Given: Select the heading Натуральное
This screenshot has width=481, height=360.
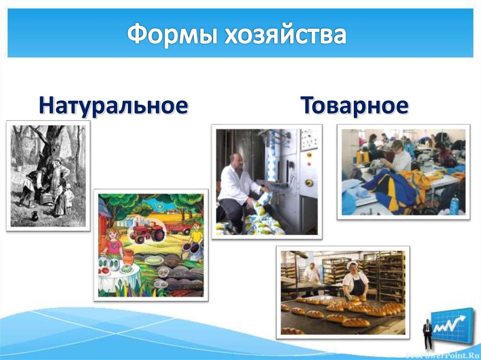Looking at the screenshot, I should [113, 105].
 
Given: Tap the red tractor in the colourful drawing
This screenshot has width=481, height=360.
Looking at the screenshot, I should [147, 231].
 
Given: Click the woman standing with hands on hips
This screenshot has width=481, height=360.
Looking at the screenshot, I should [57, 179].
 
